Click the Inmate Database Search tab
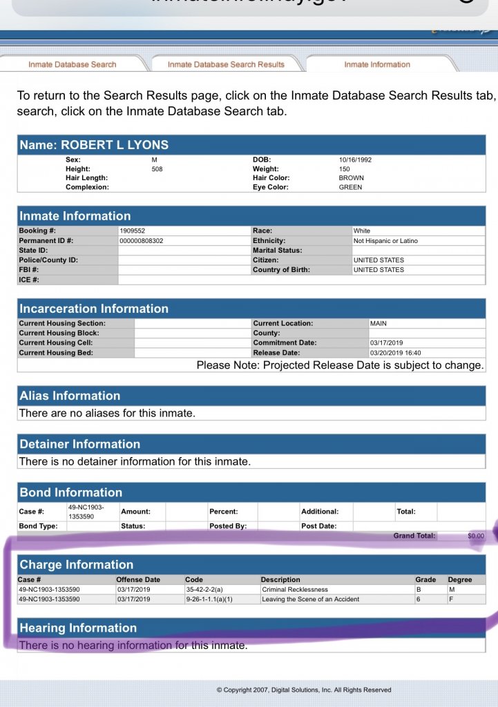72,64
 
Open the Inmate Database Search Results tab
226,64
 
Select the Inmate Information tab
377,64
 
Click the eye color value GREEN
350,187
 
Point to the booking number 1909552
133,231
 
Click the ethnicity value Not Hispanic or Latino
385,240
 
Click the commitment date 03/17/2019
386,342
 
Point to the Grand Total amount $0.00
476,535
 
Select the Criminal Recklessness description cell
295,590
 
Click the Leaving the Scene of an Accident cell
310,599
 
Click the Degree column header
459,579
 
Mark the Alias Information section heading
70,396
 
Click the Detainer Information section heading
79,444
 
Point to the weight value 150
345,169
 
